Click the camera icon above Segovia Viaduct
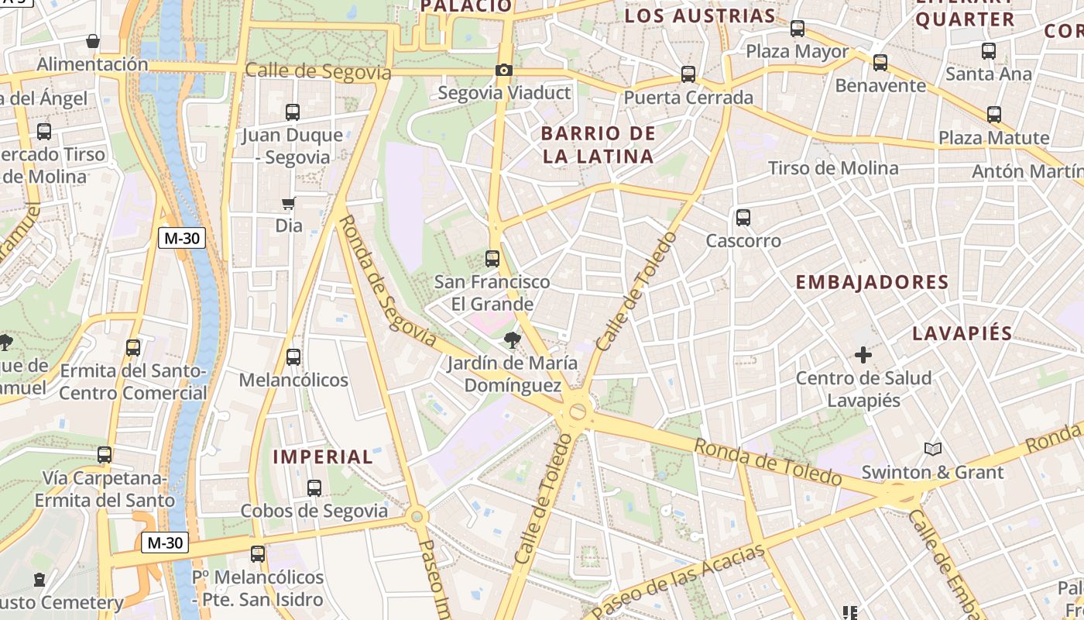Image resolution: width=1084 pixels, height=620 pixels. pyautogui.click(x=504, y=71)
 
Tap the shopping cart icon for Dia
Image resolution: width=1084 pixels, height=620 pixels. pyautogui.click(x=289, y=204)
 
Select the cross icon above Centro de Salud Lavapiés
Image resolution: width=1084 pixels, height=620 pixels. pyautogui.click(x=863, y=356)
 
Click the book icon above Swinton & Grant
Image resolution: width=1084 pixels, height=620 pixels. pyautogui.click(x=933, y=449)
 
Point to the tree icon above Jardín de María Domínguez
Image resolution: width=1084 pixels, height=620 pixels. pyautogui.click(x=512, y=339)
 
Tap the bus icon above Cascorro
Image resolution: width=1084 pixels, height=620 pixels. pyautogui.click(x=743, y=218)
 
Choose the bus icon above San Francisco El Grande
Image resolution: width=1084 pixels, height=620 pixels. pyautogui.click(x=492, y=259)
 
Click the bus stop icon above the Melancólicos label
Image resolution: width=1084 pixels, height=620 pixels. pyautogui.click(x=293, y=357)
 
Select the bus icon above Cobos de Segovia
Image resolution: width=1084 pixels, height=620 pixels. pyautogui.click(x=314, y=488)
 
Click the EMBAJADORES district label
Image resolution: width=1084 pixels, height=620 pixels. pyautogui.click(x=872, y=282)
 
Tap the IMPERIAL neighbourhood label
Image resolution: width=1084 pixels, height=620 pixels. pyautogui.click(x=323, y=456)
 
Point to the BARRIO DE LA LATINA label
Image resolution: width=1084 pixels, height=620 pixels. pyautogui.click(x=598, y=145)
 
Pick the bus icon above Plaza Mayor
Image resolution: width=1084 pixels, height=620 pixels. pyautogui.click(x=798, y=29)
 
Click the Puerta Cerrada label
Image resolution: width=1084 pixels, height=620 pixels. pyautogui.click(x=688, y=98)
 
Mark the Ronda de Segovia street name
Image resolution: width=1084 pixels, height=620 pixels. pyautogui.click(x=389, y=281)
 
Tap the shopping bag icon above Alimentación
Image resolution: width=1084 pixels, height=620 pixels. pyautogui.click(x=93, y=41)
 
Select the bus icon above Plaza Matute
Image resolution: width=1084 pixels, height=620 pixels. pyautogui.click(x=994, y=115)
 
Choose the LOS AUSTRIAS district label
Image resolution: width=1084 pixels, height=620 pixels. pyautogui.click(x=699, y=15)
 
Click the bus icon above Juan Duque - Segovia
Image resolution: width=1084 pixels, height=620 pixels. pyautogui.click(x=293, y=112)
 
